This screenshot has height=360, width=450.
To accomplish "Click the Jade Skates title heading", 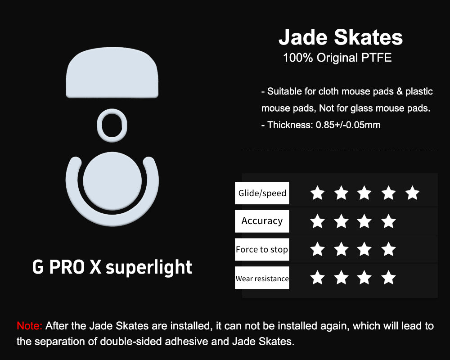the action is tap(341, 37).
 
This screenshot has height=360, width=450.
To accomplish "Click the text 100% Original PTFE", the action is tap(337, 58).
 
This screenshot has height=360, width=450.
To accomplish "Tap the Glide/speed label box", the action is tap(262, 193).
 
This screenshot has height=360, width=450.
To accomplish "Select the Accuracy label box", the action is tap(262, 221).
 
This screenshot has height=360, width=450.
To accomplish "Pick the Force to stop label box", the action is tap(262, 249).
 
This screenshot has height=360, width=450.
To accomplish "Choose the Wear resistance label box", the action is tap(262, 278).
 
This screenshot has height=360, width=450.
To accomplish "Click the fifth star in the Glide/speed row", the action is tap(412, 193).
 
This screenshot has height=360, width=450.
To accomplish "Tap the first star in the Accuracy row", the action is tap(317, 221).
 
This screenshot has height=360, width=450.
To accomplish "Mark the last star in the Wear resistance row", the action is tap(389, 277).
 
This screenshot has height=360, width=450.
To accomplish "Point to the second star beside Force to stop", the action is tap(341, 249).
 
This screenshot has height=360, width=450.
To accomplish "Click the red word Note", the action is tap(29, 326).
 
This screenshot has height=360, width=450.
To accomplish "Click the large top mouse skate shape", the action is tap(112, 72).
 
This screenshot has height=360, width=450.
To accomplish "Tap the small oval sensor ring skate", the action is tap(112, 115).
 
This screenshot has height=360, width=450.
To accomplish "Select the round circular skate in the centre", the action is tap(112, 181).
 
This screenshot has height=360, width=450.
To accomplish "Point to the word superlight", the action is tap(148, 268).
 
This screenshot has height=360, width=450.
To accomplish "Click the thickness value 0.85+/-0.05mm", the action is tap(348, 125).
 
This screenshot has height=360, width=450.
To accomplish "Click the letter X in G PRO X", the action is tap(95, 267).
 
